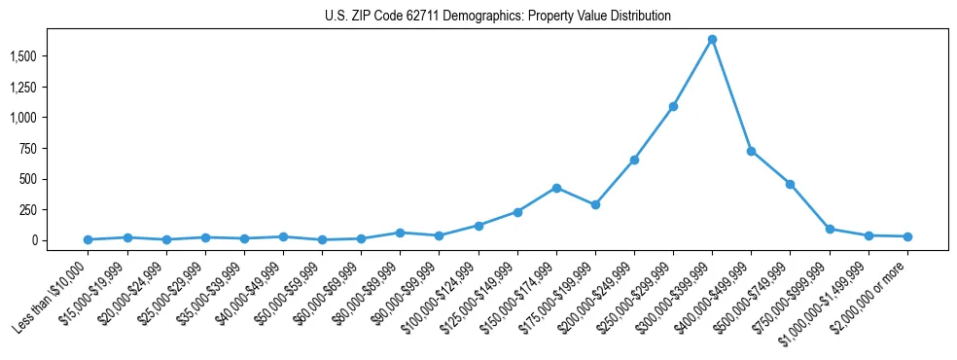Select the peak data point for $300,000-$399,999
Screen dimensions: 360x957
(x=712, y=39)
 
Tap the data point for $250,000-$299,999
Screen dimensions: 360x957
(x=673, y=106)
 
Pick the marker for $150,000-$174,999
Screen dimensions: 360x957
(x=556, y=188)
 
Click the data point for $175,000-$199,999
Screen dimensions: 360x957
(x=595, y=204)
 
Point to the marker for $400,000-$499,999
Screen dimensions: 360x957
(x=751, y=151)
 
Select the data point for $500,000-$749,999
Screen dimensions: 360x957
(x=790, y=184)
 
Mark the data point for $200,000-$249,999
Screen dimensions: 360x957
(x=634, y=160)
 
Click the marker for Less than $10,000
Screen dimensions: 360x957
(x=88, y=239)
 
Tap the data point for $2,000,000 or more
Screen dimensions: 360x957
(x=907, y=236)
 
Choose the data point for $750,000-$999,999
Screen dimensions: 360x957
(x=830, y=229)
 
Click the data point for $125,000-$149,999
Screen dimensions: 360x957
(x=517, y=212)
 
